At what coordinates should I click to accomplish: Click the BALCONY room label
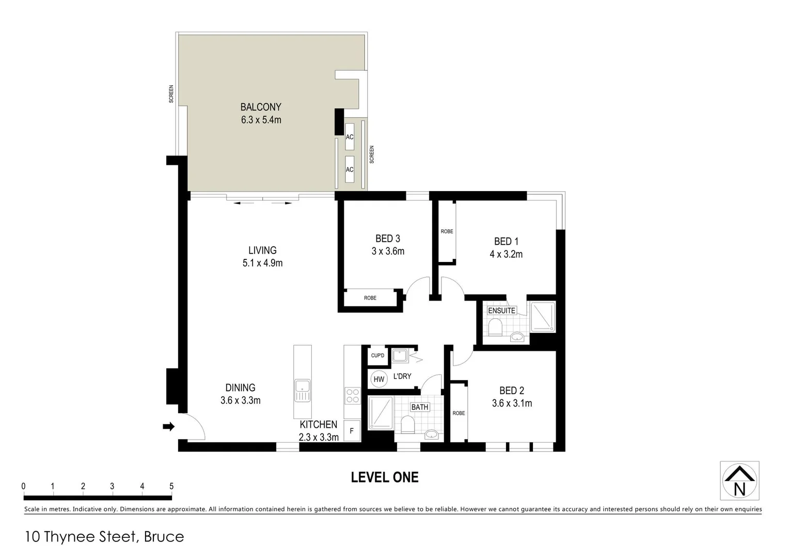pos(261,107)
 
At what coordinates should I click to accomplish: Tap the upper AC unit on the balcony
pos(350,137)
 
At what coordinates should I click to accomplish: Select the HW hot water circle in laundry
pos(379,379)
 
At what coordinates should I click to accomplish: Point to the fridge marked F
pos(352,431)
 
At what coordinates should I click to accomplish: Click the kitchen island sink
pos(302,390)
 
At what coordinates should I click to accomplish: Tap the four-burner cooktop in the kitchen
pos(353,396)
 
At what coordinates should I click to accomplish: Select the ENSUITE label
pos(501,311)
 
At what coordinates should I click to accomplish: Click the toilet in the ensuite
pos(495,327)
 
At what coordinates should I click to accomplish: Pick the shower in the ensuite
pos(543,317)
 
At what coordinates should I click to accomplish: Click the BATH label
pos(420,407)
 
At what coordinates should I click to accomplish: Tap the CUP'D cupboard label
pos(377,355)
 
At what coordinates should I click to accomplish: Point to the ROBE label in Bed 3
pos(370,298)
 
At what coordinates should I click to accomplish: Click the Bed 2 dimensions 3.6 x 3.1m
pos(512,404)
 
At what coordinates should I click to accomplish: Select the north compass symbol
pos(739,481)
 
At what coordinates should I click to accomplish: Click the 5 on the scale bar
pos(171,486)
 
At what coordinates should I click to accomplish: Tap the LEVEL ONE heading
pos(385,477)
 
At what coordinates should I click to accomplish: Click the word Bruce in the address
pos(164,537)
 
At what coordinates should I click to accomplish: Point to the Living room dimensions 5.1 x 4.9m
pos(262,263)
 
